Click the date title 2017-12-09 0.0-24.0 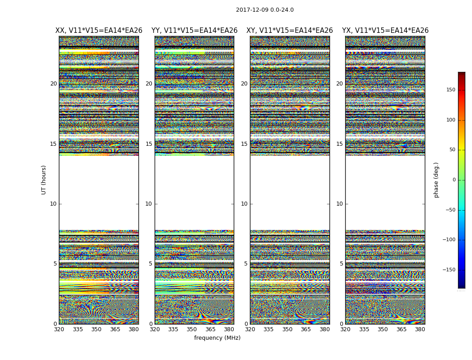(265, 10)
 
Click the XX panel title (99, 31)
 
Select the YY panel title (194, 31)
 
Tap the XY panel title (289, 31)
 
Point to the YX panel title (385, 31)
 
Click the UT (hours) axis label (44, 180)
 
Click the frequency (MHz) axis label (217, 338)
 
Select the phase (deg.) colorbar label (436, 180)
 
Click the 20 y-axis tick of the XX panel (53, 84)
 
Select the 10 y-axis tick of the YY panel (149, 204)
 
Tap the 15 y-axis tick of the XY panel (244, 144)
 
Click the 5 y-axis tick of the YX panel (341, 264)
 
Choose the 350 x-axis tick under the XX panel (96, 329)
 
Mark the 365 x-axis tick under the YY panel (210, 329)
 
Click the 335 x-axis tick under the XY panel (269, 329)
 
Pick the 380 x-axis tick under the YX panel (420, 329)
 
